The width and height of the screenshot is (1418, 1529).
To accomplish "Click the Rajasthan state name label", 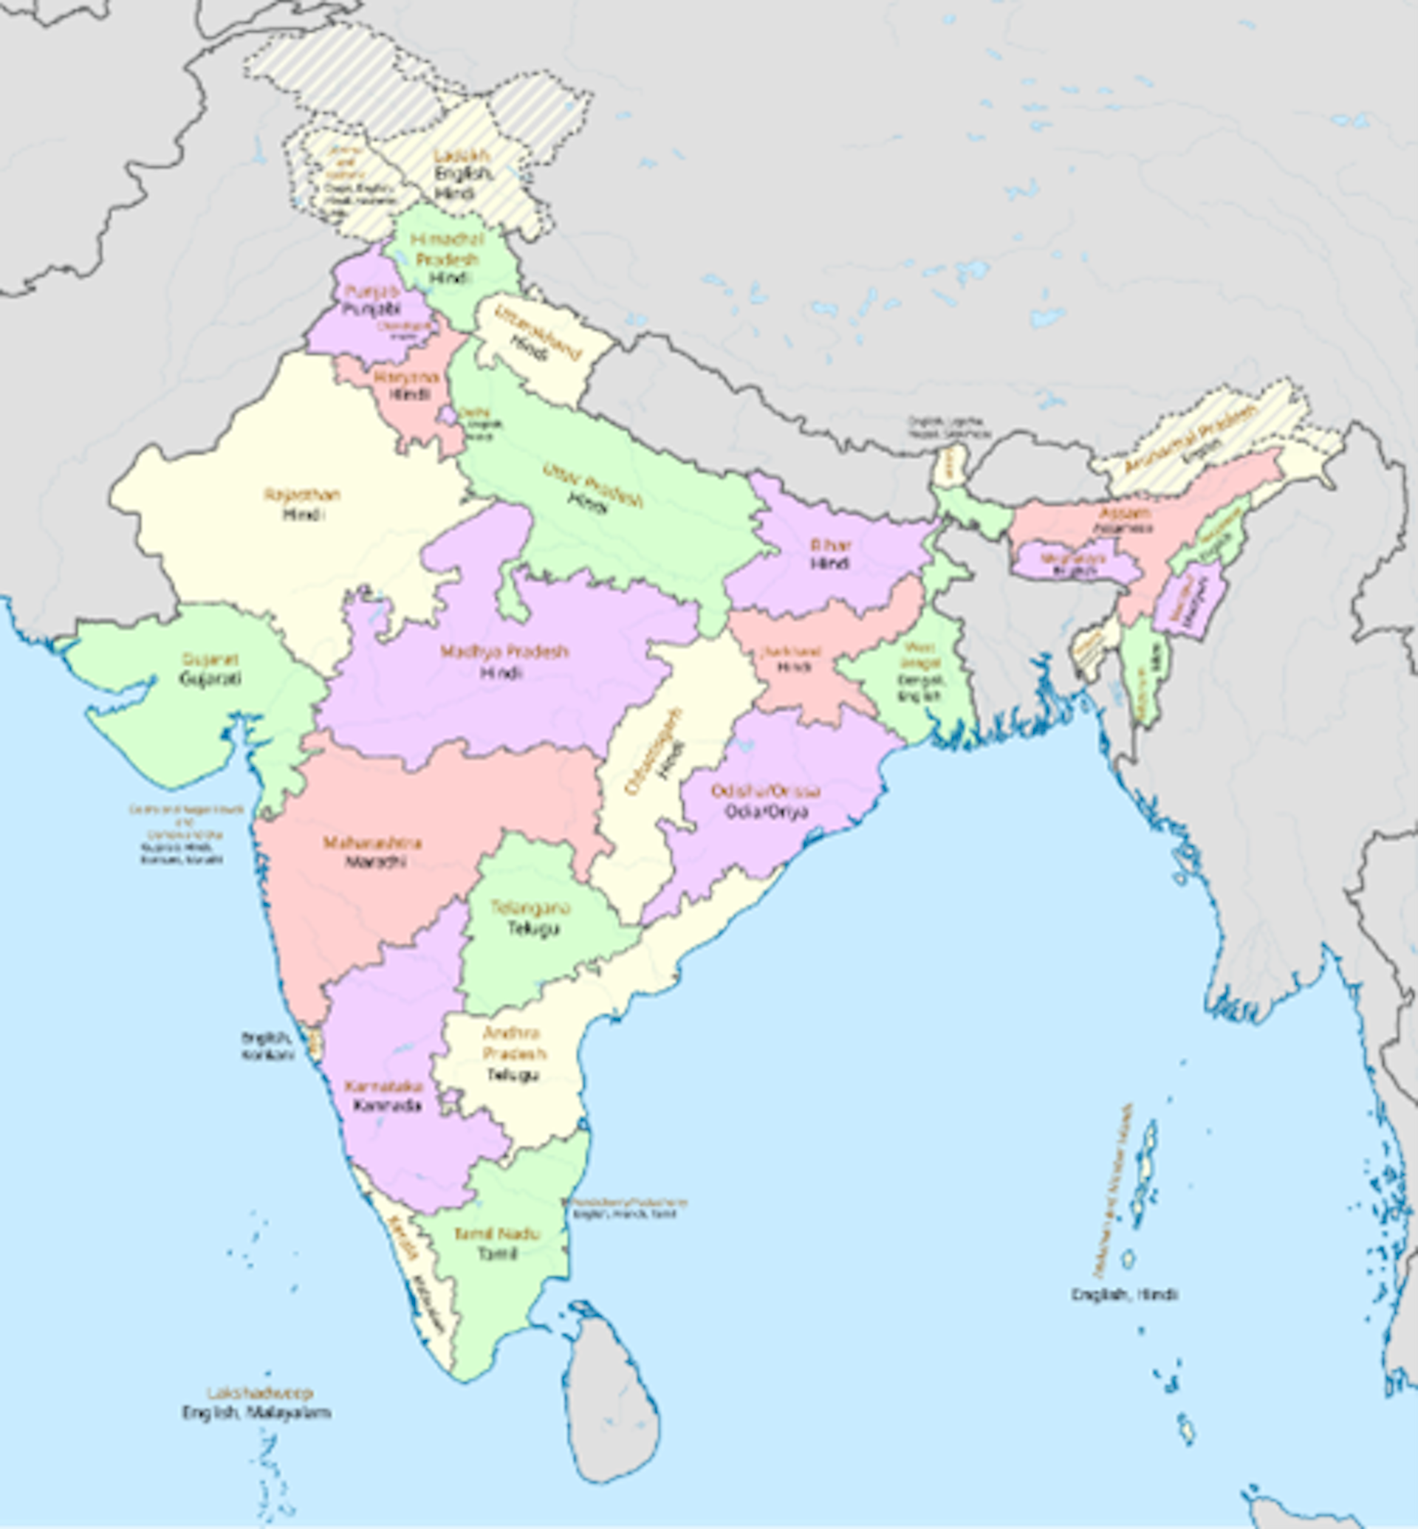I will point(301,495).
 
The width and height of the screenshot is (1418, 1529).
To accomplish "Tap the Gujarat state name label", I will point(210,659).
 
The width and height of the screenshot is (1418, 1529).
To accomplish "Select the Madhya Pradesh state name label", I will point(504,652).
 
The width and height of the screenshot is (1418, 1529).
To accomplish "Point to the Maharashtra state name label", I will point(372,843).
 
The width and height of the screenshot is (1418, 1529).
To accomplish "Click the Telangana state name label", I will point(531,907).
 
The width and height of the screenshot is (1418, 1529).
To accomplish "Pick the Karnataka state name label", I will point(383,1086).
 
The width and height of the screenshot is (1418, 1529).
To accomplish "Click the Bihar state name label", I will point(830,545).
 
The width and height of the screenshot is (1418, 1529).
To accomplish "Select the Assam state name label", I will point(1124,512).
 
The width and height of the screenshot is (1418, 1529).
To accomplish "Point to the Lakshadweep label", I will point(259,1392).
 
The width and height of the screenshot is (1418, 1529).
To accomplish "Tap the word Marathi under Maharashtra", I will point(375,862).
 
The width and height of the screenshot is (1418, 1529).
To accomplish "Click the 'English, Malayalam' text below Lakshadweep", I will point(256,1412).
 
